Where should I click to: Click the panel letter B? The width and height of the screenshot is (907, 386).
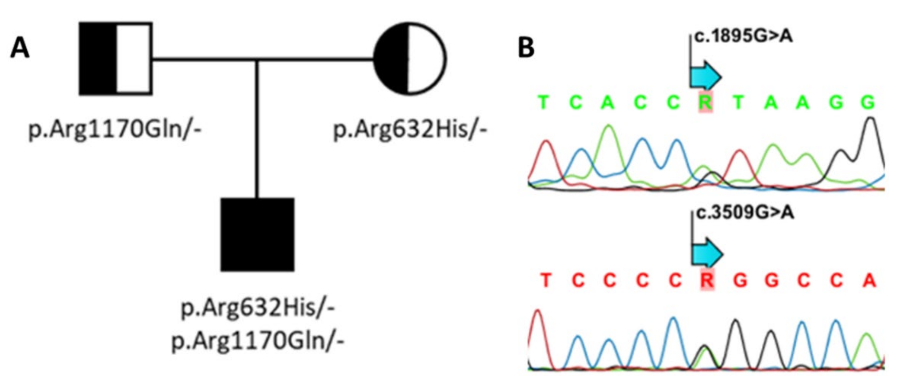[526, 48]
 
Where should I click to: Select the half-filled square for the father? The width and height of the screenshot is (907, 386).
[116, 59]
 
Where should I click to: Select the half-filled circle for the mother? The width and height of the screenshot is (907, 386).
[410, 59]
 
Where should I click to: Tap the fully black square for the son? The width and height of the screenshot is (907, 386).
[257, 235]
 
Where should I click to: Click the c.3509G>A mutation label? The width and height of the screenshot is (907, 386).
[744, 213]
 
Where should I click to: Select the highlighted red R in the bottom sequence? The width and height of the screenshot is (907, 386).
[707, 281]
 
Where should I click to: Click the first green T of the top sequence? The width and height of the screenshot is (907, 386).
[544, 103]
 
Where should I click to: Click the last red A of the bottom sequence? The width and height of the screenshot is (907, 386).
[869, 281]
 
